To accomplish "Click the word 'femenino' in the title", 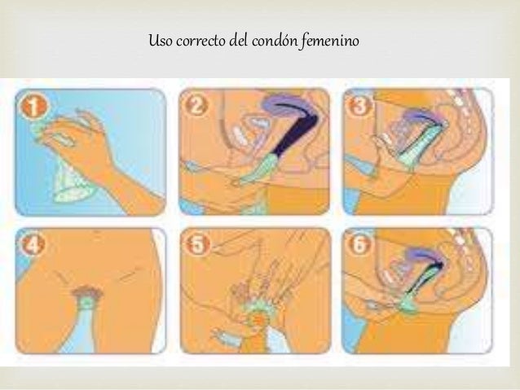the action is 330,41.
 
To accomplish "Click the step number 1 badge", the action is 33,107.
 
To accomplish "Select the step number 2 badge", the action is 196,106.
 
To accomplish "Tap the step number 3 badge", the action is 359,105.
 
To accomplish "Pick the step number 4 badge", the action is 33,245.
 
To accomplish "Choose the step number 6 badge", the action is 359,244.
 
